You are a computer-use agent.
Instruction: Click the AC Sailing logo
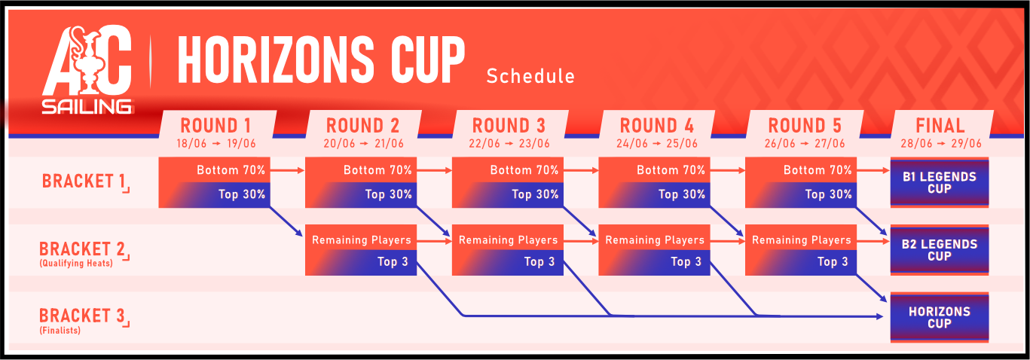tap(87, 69)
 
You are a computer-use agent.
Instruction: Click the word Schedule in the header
tap(530, 76)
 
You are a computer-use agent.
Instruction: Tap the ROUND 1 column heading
tap(215, 126)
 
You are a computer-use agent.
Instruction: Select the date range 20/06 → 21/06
tap(363, 143)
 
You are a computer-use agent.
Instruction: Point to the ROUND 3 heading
tap(509, 126)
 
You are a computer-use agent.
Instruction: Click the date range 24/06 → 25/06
tap(656, 143)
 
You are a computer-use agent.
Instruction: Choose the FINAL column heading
tap(940, 126)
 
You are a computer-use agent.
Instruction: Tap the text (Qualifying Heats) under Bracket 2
tap(76, 264)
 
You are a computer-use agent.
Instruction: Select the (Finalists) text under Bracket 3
tap(60, 330)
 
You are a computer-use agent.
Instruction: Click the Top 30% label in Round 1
tap(242, 194)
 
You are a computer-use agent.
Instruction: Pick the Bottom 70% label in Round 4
tap(671, 170)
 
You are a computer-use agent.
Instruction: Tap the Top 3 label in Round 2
tap(393, 261)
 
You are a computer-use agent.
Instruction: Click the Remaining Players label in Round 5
tap(802, 240)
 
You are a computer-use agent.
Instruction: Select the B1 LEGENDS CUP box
tap(940, 182)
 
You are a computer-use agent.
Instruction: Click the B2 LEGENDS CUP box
tap(940, 250)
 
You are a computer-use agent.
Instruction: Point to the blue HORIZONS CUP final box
tap(940, 317)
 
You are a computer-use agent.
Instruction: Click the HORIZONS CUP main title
tap(322, 60)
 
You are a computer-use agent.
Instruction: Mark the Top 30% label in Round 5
tap(829, 194)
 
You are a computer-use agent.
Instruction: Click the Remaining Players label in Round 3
tap(508, 240)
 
